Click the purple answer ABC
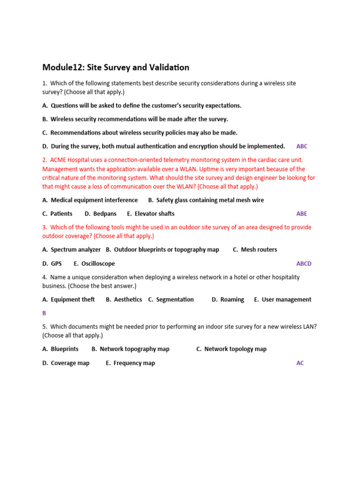pos(302,146)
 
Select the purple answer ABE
pos(302,214)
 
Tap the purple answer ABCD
pos(304,264)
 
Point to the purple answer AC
pos(300,363)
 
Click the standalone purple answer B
pos(44,313)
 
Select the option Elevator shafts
pos(154,214)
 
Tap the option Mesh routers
pos(259,250)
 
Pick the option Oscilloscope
pos(98,264)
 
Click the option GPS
pos(56,264)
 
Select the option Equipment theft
pos(73,300)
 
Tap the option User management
pos(286,300)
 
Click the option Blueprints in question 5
pos(64,349)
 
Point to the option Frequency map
pos(134,363)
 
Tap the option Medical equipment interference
pos(94,200)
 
